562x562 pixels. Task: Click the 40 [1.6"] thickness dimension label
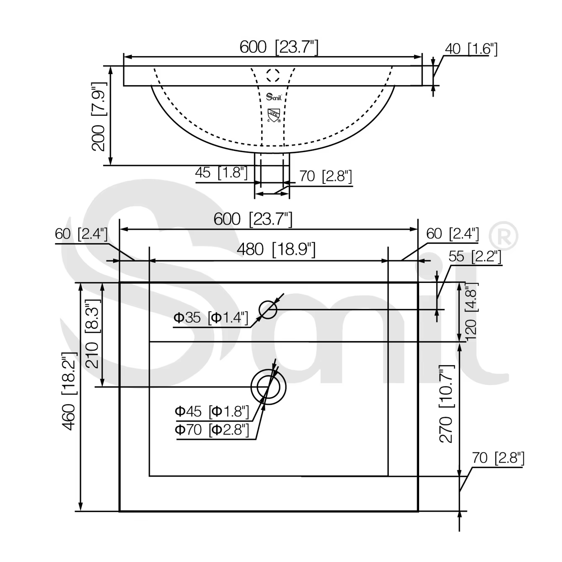click(x=471, y=49)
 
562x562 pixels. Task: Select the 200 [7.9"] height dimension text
click(x=99, y=116)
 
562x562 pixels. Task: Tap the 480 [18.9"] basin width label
click(x=276, y=249)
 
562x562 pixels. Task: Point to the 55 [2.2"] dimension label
click(x=474, y=256)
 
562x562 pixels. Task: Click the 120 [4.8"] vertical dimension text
click(x=471, y=310)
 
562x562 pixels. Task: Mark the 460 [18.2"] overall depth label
click(x=69, y=391)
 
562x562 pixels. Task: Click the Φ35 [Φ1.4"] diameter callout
click(x=211, y=318)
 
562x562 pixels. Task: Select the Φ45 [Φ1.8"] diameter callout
click(x=212, y=412)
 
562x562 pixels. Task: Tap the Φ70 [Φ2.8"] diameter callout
click(x=212, y=430)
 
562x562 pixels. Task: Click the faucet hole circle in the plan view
click(x=268, y=310)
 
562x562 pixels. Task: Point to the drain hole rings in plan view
click(x=268, y=387)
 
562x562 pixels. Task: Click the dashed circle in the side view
click(x=273, y=75)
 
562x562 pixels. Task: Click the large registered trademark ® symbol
click(x=503, y=236)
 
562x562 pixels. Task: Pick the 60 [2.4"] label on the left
click(x=81, y=234)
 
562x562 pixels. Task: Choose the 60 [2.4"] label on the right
click(x=452, y=234)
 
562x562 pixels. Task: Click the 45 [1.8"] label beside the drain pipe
click(x=221, y=172)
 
